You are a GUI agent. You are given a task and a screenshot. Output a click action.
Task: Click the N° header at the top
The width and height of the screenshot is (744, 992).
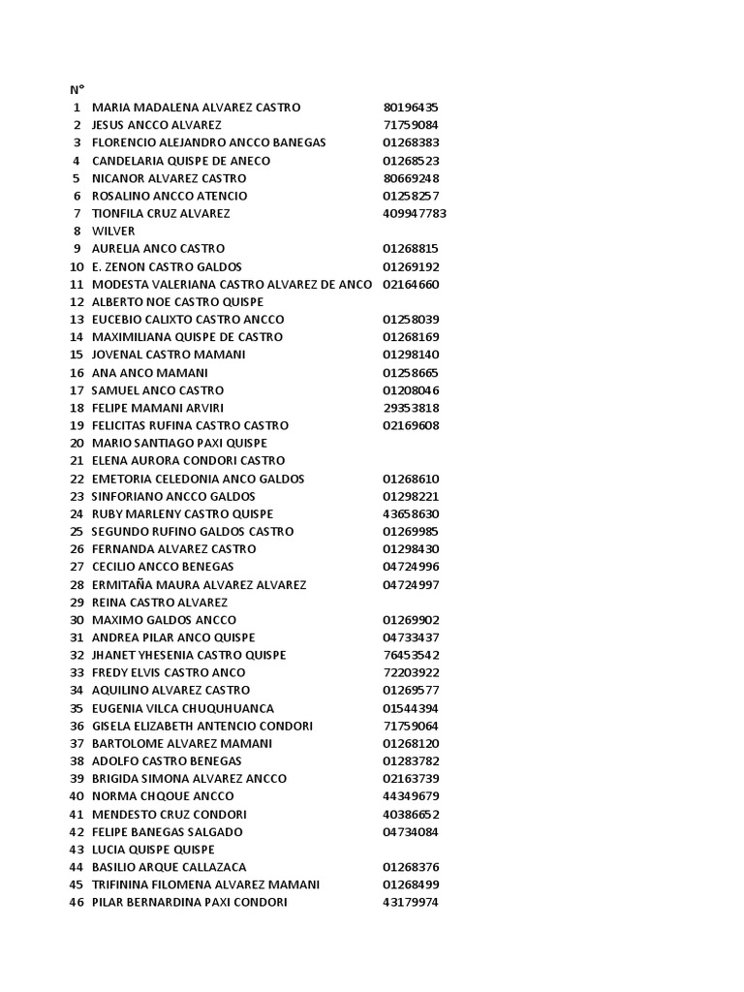pyautogui.click(x=77, y=89)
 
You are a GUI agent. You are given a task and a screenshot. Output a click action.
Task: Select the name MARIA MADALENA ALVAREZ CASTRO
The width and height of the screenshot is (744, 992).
pyautogui.click(x=196, y=108)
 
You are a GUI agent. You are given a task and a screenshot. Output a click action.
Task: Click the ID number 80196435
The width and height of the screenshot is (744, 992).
pyautogui.click(x=411, y=108)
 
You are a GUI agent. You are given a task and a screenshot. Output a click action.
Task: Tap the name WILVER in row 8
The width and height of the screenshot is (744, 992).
pyautogui.click(x=113, y=232)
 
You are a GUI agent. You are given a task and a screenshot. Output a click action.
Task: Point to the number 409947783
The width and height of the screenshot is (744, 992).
pyautogui.click(x=415, y=213)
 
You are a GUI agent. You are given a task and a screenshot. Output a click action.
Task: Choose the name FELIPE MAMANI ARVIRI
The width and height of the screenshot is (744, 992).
pyautogui.click(x=157, y=408)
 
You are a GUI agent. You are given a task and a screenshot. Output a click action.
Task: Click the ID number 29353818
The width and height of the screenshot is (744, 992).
pyautogui.click(x=411, y=408)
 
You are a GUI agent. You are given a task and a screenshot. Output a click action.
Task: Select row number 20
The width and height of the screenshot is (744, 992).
pyautogui.click(x=77, y=443)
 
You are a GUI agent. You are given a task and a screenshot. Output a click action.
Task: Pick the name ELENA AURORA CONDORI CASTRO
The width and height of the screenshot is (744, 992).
pyautogui.click(x=188, y=461)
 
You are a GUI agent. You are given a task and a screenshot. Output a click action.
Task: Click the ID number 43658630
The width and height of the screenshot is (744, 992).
pyautogui.click(x=411, y=513)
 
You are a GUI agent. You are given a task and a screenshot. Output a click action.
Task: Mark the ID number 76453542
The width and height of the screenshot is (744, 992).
pyautogui.click(x=411, y=655)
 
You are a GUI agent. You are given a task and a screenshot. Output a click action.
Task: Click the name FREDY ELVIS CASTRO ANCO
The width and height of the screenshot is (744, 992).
pyautogui.click(x=169, y=672)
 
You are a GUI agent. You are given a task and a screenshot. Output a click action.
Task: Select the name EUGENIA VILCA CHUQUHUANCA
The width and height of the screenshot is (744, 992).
pyautogui.click(x=182, y=708)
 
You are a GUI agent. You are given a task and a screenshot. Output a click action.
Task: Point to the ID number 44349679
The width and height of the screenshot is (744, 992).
pyautogui.click(x=411, y=796)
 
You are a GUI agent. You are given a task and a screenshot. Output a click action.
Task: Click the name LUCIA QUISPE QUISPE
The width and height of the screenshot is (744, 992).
pyautogui.click(x=153, y=850)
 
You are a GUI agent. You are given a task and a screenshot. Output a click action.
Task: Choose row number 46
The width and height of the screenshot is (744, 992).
pyautogui.click(x=77, y=903)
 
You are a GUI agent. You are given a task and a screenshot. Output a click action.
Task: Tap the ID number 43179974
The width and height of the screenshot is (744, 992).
pyautogui.click(x=411, y=903)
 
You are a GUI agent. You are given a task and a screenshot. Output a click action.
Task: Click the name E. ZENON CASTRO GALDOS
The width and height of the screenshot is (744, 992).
pyautogui.click(x=167, y=266)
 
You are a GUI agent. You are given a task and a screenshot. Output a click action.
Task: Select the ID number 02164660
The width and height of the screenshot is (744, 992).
pyautogui.click(x=411, y=284)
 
